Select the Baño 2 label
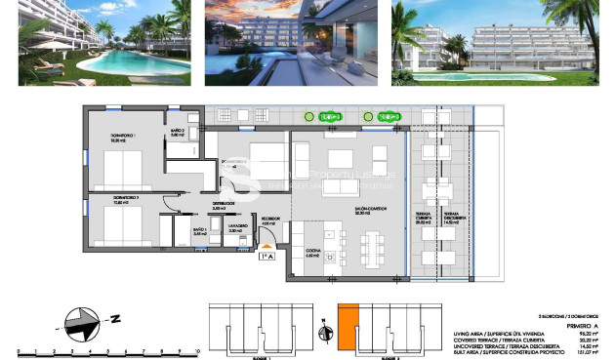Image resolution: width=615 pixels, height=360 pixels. pyautogui.click(x=177, y=133)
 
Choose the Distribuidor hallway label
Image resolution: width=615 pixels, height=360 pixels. pyautogui.click(x=225, y=205)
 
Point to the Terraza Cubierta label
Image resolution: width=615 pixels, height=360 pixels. pyautogui.click(x=424, y=218)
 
